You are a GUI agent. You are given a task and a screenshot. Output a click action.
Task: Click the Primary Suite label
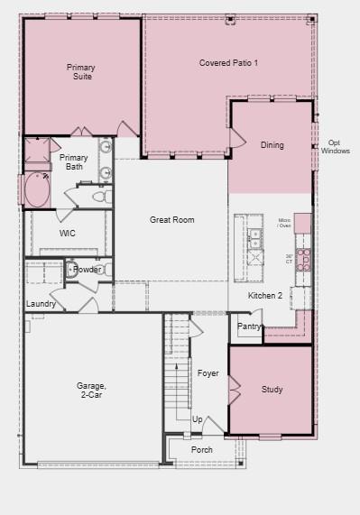(x=81, y=72)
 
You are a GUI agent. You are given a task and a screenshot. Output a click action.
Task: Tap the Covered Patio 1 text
(x=228, y=63)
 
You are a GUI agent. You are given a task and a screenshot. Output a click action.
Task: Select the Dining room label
(x=272, y=145)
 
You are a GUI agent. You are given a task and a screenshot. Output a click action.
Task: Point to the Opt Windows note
(x=335, y=146)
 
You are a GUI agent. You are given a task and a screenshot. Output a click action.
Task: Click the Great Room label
(x=171, y=220)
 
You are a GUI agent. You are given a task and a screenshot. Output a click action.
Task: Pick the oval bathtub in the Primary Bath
(x=38, y=189)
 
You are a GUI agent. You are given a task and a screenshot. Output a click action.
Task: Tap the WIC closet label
(x=68, y=233)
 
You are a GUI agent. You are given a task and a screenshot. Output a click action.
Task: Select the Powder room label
(x=87, y=270)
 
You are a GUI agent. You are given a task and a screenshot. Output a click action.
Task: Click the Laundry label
(x=41, y=304)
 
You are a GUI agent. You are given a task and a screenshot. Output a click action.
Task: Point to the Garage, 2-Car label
(x=91, y=391)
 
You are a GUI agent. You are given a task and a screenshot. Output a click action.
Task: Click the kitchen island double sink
(x=254, y=238)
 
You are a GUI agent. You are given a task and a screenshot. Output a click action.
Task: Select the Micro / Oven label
(x=284, y=223)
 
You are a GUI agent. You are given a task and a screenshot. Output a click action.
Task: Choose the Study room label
(x=272, y=390)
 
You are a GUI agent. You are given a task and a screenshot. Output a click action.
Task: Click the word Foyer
(x=208, y=373)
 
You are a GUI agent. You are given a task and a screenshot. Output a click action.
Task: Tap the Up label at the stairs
(x=197, y=419)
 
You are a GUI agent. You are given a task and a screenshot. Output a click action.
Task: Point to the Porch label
(x=202, y=449)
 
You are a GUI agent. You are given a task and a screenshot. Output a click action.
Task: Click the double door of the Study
(x=234, y=391)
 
